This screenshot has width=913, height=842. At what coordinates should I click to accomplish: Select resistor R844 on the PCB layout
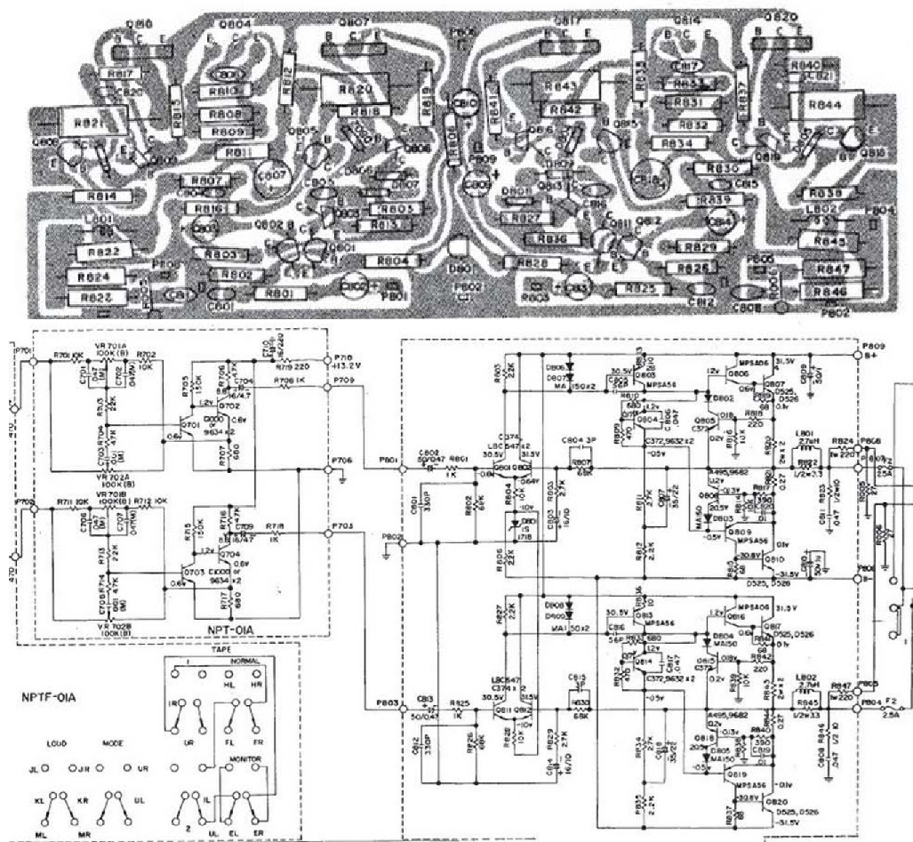point(826,104)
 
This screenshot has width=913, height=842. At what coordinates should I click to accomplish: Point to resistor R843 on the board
point(566,86)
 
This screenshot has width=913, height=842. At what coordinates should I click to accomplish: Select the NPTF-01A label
point(48,698)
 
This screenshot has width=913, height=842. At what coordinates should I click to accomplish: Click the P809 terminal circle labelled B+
point(858,353)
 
